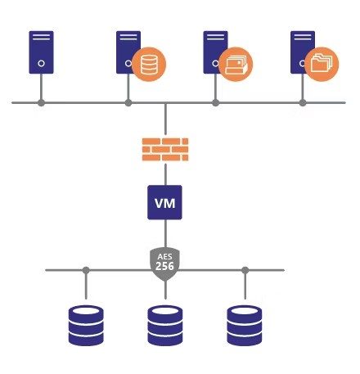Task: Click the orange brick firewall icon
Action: point(165,150)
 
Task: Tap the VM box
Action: point(165,201)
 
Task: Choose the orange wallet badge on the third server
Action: point(236,65)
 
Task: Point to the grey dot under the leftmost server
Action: point(41,103)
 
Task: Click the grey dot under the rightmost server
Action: point(303,103)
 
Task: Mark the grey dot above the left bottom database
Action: point(85,270)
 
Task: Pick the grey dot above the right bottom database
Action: point(245,270)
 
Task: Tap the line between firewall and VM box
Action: point(165,173)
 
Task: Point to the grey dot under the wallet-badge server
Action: point(216,103)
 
